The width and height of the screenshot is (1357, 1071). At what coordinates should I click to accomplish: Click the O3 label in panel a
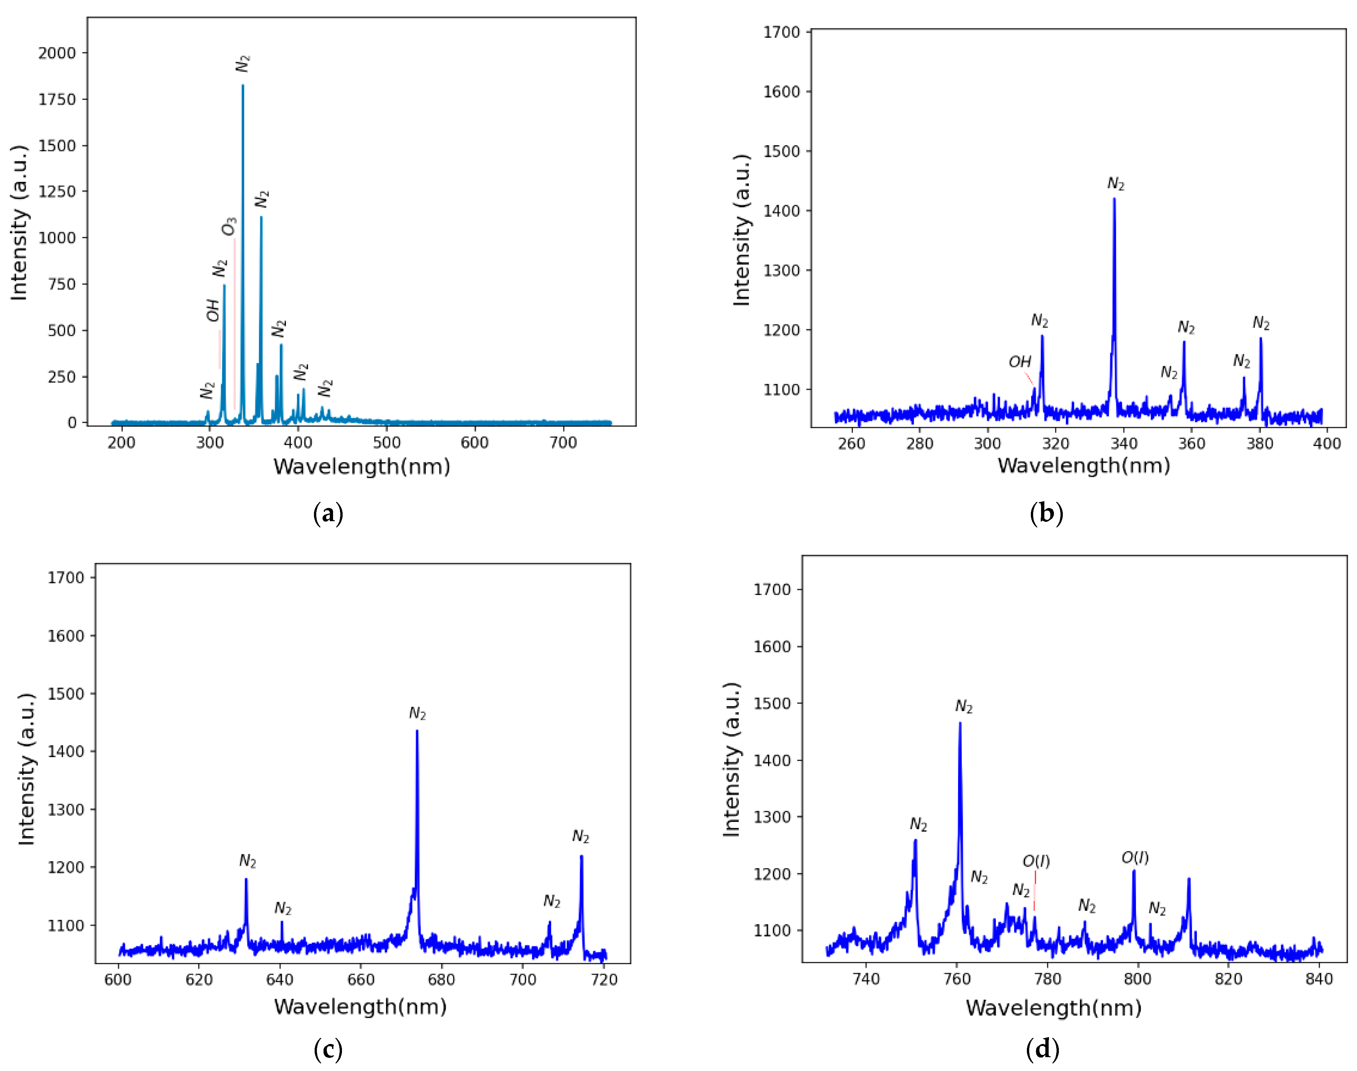(x=230, y=226)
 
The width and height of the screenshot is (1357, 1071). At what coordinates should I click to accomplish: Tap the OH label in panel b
(x=1020, y=362)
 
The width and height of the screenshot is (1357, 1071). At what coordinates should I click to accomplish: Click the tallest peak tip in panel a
(x=243, y=85)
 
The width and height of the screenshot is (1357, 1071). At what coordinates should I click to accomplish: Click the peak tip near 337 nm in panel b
(x=1114, y=199)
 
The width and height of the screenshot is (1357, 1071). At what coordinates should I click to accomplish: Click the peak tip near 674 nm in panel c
(x=417, y=730)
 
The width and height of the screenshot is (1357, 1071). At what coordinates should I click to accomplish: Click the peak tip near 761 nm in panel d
(x=960, y=723)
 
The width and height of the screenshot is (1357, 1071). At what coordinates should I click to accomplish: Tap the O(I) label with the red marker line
(x=1036, y=861)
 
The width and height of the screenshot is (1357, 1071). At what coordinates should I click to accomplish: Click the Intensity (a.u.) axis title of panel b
(x=742, y=230)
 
